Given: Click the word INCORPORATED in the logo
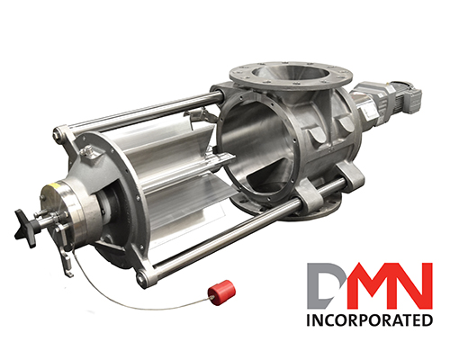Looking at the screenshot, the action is [x=369, y=320].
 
